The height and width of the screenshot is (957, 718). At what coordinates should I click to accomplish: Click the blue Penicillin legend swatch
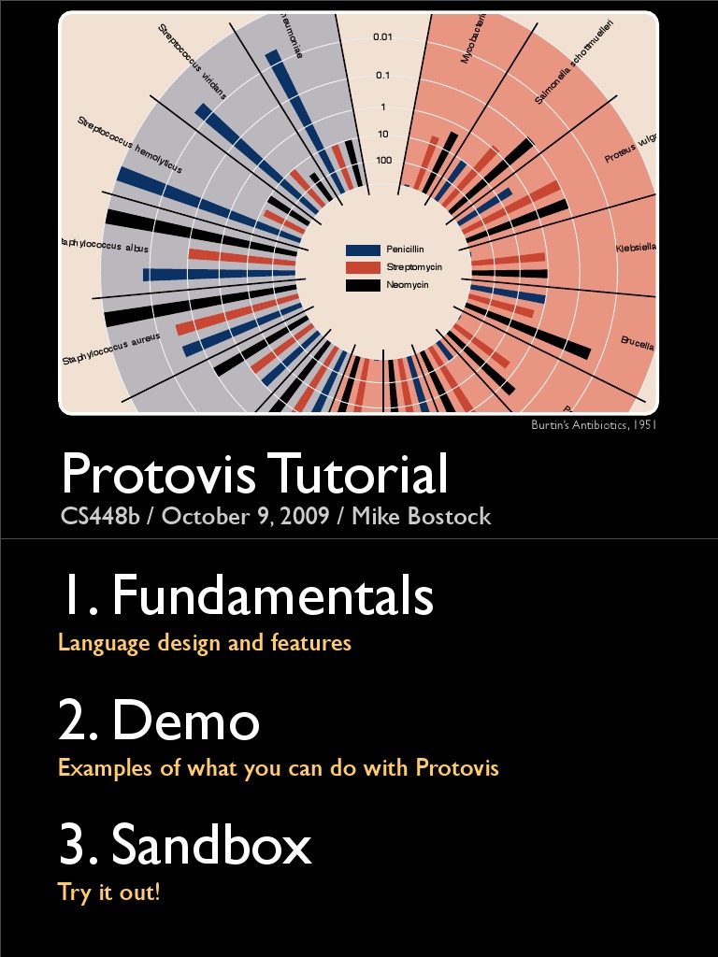[363, 250]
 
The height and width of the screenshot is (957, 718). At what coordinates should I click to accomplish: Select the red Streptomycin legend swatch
[363, 267]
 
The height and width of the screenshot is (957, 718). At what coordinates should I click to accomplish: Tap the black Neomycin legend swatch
[363, 284]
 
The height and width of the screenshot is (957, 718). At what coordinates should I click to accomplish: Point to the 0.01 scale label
[382, 37]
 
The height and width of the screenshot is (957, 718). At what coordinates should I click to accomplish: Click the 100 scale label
[383, 160]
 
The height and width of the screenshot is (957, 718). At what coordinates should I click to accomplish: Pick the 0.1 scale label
[382, 75]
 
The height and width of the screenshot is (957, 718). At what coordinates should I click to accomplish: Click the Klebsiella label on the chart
[636, 248]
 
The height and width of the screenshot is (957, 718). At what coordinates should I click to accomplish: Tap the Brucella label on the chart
[638, 343]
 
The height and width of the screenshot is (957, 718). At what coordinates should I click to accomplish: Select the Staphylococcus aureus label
[111, 349]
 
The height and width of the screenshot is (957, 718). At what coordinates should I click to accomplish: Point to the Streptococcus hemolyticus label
[130, 145]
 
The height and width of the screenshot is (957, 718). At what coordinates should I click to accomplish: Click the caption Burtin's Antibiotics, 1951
[593, 424]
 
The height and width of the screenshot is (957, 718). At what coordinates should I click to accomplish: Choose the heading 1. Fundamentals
[246, 595]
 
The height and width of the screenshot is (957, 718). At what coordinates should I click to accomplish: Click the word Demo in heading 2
[186, 721]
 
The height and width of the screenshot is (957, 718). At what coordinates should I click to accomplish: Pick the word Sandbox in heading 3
[211, 846]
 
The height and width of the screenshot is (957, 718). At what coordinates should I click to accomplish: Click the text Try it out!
[109, 892]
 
